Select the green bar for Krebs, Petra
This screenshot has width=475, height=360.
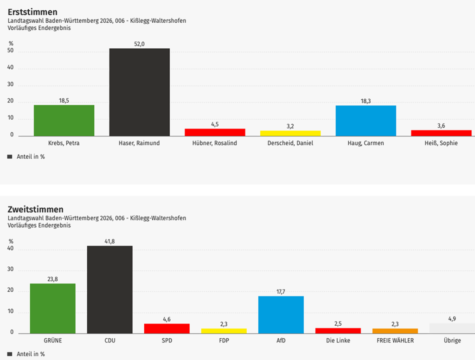click(64, 120)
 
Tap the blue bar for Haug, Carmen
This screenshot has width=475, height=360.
click(366, 121)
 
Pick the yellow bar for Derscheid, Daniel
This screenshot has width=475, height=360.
click(290, 133)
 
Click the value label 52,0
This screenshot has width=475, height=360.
click(139, 44)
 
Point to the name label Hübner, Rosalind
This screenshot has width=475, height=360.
click(215, 143)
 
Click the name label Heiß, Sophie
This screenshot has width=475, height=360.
click(441, 143)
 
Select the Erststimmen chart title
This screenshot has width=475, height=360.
click(33, 12)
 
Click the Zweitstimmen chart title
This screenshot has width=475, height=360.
click(36, 210)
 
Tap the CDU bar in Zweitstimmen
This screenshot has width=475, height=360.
click(110, 289)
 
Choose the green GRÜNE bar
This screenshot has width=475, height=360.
click(53, 308)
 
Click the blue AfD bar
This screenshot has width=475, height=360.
click(281, 315)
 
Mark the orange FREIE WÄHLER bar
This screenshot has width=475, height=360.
click(395, 331)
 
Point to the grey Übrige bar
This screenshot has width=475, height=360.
click(452, 328)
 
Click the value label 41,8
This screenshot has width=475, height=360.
click(110, 241)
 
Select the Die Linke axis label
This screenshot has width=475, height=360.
click(338, 341)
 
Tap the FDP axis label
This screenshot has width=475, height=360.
click(224, 341)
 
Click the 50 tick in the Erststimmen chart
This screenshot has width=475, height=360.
click(11, 51)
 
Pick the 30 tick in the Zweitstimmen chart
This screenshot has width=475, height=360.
click(11, 270)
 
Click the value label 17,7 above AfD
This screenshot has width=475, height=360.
click(281, 291)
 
